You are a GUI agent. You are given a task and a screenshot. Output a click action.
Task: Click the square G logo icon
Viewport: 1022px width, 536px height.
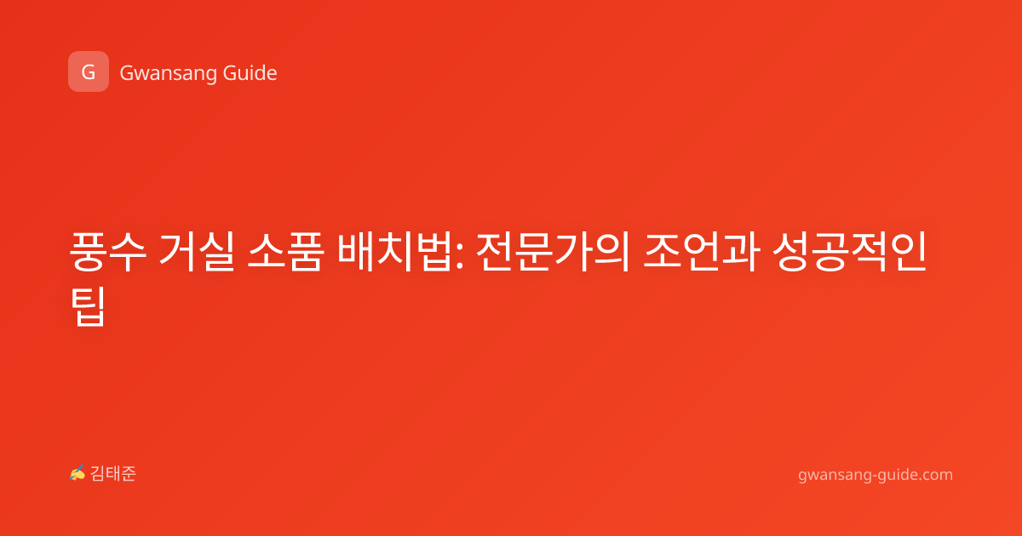pyautogui.click(x=89, y=71)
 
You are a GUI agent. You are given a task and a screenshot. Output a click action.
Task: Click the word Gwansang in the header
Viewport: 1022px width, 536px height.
pyautogui.click(x=168, y=74)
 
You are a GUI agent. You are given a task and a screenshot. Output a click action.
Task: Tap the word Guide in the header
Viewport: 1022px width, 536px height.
pyautogui.click(x=250, y=73)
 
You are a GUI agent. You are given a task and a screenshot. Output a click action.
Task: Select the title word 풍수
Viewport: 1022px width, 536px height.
pyautogui.click(x=108, y=252)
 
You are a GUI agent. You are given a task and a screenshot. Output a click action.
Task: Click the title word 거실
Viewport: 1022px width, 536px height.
pyautogui.click(x=197, y=252)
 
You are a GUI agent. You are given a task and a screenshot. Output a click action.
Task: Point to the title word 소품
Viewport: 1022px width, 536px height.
pyautogui.click(x=285, y=252)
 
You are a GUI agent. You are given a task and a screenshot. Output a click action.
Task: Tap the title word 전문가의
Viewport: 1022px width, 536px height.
pyautogui.click(x=553, y=252)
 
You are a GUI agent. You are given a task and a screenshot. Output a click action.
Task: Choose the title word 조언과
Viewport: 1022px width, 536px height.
pyautogui.click(x=701, y=252)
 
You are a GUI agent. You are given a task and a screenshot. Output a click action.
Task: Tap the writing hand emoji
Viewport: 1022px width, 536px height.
pyautogui.click(x=78, y=473)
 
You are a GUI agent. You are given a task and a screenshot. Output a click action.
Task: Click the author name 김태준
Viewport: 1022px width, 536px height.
pyautogui.click(x=113, y=474)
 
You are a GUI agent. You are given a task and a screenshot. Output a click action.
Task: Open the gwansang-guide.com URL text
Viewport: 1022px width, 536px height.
pyautogui.click(x=876, y=475)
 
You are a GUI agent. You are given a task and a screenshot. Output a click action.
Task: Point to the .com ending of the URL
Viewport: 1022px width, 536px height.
pyautogui.click(x=934, y=475)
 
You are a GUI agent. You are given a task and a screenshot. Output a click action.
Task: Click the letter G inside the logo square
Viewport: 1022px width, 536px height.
pyautogui.click(x=89, y=72)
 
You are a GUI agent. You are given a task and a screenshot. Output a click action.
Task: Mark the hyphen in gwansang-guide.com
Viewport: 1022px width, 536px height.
pyautogui.click(x=875, y=476)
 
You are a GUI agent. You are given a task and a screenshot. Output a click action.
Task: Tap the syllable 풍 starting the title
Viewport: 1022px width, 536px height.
pyautogui.click(x=88, y=252)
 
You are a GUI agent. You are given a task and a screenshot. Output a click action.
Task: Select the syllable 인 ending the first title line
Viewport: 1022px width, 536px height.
pyautogui.click(x=909, y=252)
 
